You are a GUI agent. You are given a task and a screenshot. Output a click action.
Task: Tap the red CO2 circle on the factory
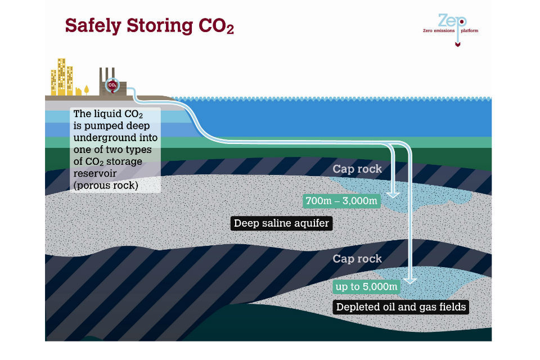point(112,85)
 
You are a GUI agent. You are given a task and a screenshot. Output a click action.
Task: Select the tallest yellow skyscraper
point(61,75)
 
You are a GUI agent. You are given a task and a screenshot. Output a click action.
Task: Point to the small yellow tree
point(87,89)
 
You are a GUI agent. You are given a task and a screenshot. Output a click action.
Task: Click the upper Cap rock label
point(357,169)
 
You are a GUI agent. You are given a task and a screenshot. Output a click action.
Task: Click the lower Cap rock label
point(357,259)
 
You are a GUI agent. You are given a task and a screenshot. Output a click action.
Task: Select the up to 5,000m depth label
point(366,287)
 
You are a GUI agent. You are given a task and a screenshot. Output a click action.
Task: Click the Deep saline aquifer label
point(281,223)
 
